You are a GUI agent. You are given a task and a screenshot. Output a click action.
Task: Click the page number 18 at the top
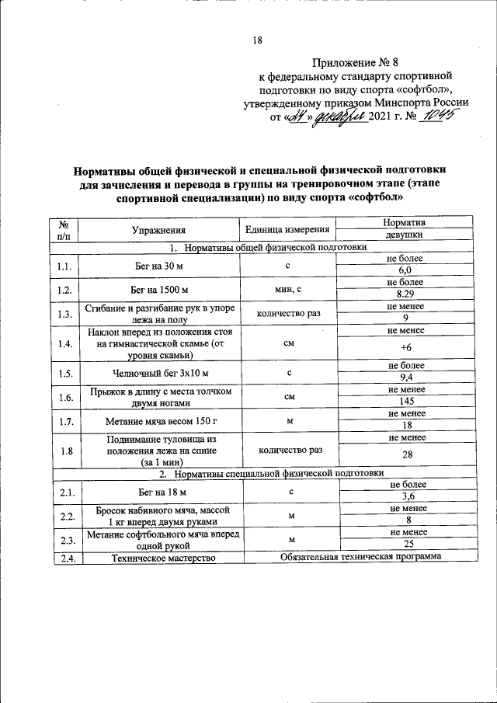pyautogui.click(x=258, y=40)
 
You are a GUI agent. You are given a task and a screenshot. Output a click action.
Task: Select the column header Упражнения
pyautogui.click(x=158, y=230)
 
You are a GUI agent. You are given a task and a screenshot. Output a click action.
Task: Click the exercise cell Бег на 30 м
pyautogui.click(x=158, y=265)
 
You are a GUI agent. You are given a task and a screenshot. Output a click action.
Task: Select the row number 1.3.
pyautogui.click(x=64, y=313)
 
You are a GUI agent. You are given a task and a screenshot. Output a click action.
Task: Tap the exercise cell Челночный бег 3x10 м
pyautogui.click(x=158, y=373)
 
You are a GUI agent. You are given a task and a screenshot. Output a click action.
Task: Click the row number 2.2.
pyautogui.click(x=64, y=515)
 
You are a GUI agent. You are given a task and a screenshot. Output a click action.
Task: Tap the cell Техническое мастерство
pyautogui.click(x=162, y=556)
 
